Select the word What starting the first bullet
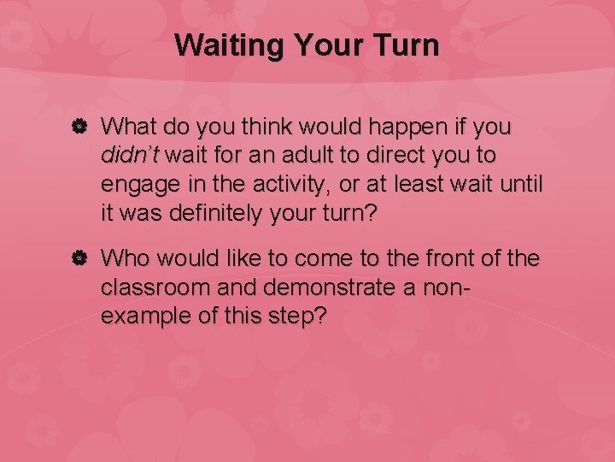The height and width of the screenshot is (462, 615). point(129,127)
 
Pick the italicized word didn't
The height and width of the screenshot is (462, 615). point(130,156)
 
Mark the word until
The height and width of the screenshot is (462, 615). point(521,184)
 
